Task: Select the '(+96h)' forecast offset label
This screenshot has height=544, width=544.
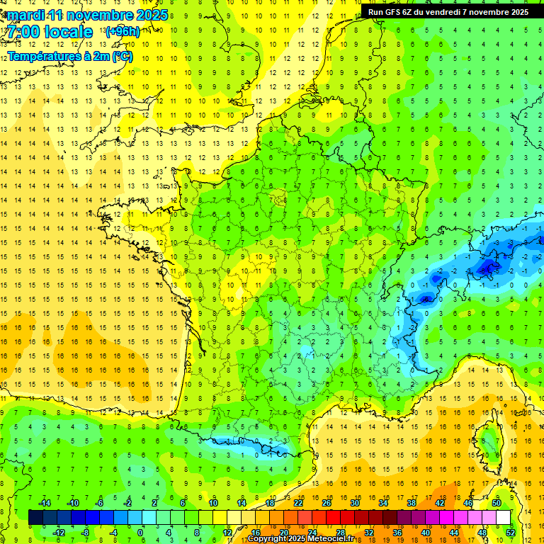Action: click(122, 32)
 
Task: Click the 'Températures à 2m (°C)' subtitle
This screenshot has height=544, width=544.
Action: click(70, 56)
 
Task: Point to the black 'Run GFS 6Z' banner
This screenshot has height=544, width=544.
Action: click(448, 11)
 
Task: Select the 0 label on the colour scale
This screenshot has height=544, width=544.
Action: click(140, 532)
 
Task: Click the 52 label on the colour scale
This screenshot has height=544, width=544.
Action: click(510, 532)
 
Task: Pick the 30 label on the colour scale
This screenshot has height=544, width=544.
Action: click(354, 502)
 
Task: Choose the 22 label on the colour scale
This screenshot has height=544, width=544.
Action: click(298, 502)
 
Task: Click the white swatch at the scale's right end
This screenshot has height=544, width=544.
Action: click(503, 517)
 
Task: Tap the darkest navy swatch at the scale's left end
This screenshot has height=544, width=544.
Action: click(35, 517)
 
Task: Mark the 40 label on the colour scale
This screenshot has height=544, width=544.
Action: click(425, 532)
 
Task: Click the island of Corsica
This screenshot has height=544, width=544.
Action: click(487, 443)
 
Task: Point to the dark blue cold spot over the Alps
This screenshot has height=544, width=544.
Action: click(487, 267)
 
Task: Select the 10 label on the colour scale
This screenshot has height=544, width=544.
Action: click(213, 502)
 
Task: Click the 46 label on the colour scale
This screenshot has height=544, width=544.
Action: click(467, 502)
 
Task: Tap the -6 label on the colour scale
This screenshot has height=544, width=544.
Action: click(100, 502)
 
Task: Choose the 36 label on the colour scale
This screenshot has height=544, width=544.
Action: click(397, 532)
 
